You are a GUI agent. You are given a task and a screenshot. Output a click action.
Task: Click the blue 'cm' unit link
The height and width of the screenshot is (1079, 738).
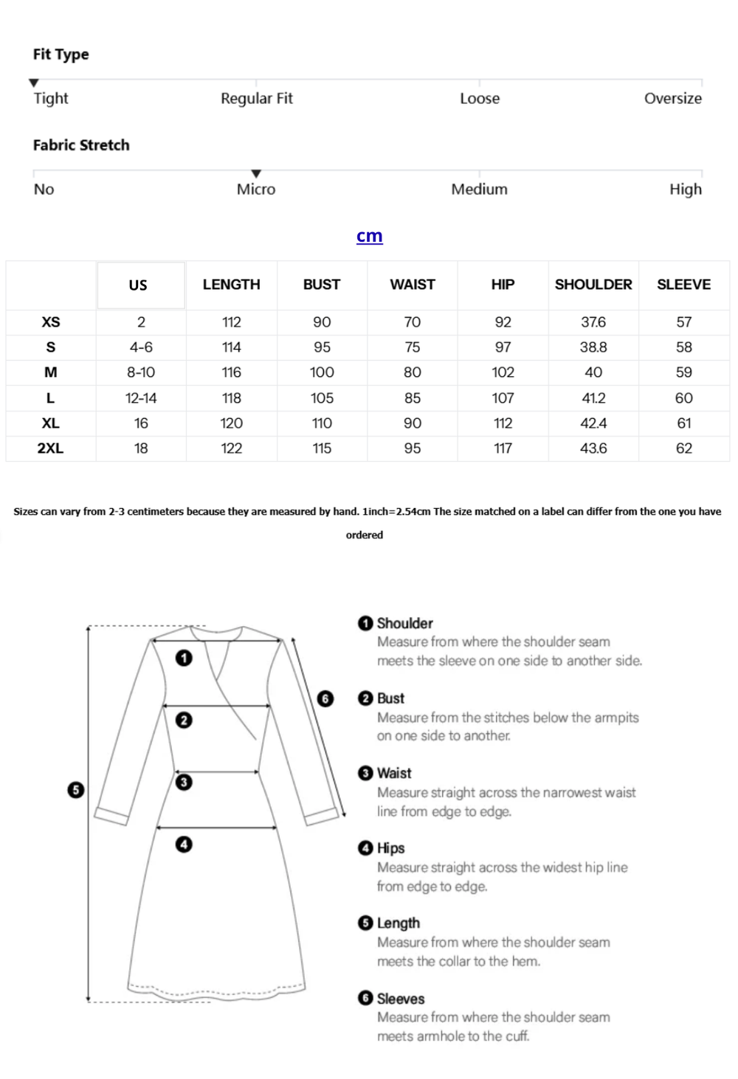point(369,236)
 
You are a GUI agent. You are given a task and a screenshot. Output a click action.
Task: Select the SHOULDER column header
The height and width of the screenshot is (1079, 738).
point(593,285)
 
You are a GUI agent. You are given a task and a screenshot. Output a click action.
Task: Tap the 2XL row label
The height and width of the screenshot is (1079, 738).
point(50,448)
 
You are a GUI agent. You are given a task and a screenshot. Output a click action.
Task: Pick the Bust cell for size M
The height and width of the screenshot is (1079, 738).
point(322,372)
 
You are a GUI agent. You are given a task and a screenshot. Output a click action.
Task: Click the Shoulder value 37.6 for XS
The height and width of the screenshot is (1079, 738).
point(593,322)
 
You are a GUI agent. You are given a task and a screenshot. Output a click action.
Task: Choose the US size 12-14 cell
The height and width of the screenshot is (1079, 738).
point(141,398)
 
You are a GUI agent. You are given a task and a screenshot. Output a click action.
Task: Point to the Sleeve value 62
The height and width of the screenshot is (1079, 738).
point(684,448)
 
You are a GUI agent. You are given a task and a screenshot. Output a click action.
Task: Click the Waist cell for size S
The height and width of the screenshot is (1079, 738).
point(413,347)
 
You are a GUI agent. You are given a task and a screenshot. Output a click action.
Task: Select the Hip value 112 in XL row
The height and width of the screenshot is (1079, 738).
point(503,423)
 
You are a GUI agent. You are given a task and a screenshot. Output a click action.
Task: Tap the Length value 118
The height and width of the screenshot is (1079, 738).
point(232,398)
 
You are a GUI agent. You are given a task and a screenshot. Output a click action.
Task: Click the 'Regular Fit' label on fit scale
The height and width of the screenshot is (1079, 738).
point(257,98)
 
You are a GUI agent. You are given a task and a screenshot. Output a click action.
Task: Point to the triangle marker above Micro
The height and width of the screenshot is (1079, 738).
point(256,174)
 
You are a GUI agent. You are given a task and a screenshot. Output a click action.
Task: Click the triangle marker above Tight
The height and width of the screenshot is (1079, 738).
point(34,83)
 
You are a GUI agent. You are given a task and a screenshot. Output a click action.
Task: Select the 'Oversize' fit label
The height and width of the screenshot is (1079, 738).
point(672,98)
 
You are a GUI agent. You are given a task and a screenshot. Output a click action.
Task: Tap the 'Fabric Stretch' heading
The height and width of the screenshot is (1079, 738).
point(81,145)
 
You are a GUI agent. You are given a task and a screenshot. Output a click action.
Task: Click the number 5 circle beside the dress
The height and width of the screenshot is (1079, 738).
point(76,790)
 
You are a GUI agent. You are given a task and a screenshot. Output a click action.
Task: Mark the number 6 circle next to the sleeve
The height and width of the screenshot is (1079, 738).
point(325,698)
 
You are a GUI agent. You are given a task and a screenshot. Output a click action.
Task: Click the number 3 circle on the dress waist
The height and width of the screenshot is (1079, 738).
point(184,782)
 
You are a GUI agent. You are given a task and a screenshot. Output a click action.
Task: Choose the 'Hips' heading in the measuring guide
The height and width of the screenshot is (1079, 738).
point(390,848)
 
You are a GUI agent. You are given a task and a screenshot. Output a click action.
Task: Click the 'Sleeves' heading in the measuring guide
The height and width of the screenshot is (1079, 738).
point(400,999)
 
